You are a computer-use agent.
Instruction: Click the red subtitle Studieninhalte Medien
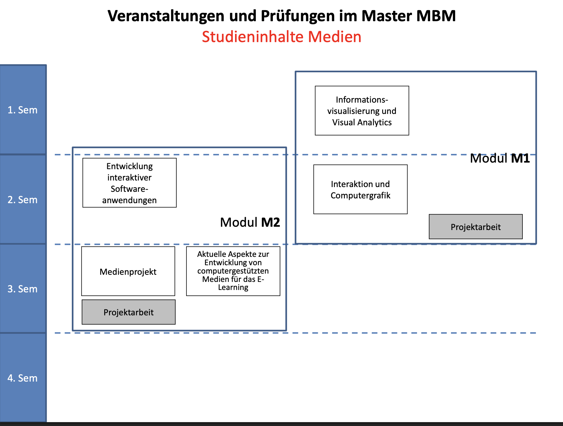tap(281, 37)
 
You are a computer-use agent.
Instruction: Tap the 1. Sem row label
tap(23, 110)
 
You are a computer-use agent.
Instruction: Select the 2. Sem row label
tap(23, 200)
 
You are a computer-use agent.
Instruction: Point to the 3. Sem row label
tap(23, 289)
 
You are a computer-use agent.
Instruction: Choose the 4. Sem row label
tap(23, 378)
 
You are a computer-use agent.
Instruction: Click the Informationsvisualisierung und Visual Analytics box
tap(362, 111)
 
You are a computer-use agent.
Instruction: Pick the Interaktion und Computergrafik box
tap(360, 189)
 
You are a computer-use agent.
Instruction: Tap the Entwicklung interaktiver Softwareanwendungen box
tap(130, 183)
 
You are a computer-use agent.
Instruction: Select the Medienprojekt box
tap(128, 271)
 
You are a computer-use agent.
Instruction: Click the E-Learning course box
tap(233, 271)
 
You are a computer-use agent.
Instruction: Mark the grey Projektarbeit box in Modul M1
tap(476, 227)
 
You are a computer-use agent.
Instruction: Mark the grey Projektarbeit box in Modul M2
tap(129, 312)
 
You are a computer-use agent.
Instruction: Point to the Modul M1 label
tap(500, 158)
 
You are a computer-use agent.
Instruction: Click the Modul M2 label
tap(250, 223)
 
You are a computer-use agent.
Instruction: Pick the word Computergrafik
tap(360, 196)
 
